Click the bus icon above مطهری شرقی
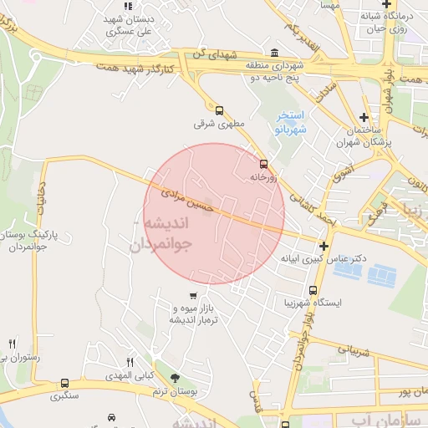click(x=219, y=110)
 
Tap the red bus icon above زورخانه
click(x=263, y=164)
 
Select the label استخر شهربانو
click(x=293, y=123)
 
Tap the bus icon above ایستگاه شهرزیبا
click(x=313, y=290)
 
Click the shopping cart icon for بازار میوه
click(x=193, y=295)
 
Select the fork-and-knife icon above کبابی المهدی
click(x=130, y=362)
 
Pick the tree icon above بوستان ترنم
click(x=175, y=380)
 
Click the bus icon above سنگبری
click(x=64, y=384)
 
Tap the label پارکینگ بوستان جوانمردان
click(x=41, y=242)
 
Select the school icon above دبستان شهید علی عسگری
click(x=128, y=7)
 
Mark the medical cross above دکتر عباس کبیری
click(x=324, y=245)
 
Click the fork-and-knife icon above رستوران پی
click(x=12, y=344)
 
